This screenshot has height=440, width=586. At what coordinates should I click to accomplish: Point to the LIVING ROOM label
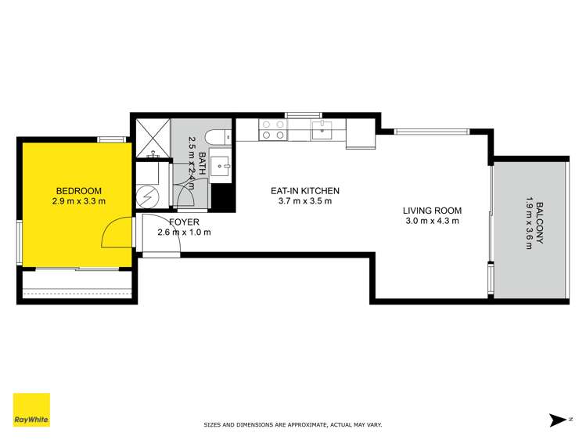point(432,210)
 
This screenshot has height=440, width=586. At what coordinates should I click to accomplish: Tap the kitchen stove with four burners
point(273,129)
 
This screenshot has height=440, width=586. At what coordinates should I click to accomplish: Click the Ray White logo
point(31,411)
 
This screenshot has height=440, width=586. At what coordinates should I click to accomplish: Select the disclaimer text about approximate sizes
point(293,425)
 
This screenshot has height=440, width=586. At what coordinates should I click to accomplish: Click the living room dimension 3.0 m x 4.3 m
point(432,221)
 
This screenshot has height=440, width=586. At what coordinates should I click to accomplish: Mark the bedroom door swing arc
point(117,232)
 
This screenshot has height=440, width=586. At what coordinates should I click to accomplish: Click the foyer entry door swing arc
point(163,243)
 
